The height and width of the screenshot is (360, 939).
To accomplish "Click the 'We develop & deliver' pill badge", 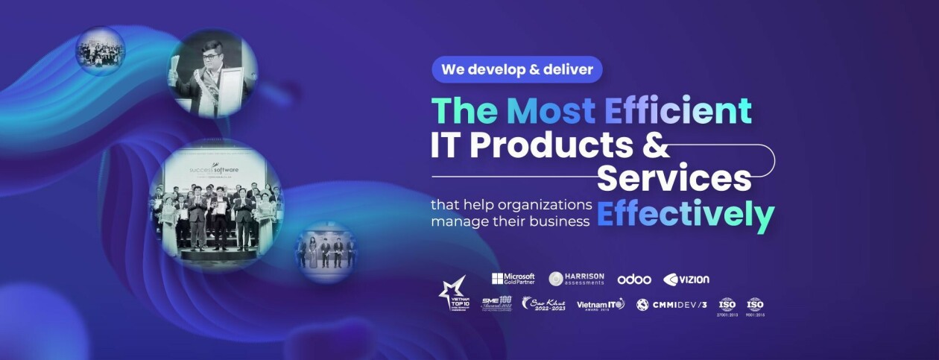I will pyautogui.click(x=516, y=69).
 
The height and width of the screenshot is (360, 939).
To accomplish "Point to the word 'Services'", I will pyautogui.click(x=674, y=179).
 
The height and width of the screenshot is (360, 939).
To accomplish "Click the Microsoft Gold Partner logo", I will pyautogui.click(x=513, y=279).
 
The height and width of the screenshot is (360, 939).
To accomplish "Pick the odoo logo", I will pyautogui.click(x=633, y=280).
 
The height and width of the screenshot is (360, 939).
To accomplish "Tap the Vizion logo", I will pyautogui.click(x=686, y=280).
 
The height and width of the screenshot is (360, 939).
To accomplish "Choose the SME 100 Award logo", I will pyautogui.click(x=496, y=303).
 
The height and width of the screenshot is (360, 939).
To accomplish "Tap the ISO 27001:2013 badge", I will pyautogui.click(x=727, y=306).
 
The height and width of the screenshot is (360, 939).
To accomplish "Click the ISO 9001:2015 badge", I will pyautogui.click(x=755, y=306).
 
